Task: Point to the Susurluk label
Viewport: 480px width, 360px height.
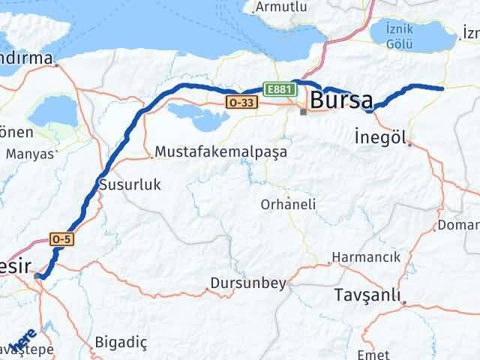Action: tap(130, 184)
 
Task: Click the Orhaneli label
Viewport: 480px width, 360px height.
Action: tap(288, 204)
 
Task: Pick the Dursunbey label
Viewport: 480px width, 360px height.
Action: tap(248, 283)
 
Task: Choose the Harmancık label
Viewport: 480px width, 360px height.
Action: tap(367, 257)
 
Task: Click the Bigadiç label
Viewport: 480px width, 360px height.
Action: tap(121, 342)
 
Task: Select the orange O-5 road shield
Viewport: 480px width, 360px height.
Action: tap(61, 238)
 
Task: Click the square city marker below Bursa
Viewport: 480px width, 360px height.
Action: tap(303, 112)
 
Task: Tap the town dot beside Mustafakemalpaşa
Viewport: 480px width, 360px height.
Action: tap(152, 157)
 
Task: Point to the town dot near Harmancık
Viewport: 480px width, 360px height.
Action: tap(329, 263)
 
